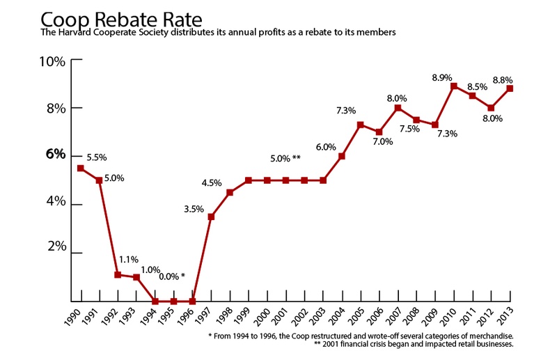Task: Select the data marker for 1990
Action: coord(80,169)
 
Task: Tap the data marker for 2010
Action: coord(453,86)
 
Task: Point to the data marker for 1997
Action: coord(211,217)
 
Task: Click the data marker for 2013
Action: coord(510,88)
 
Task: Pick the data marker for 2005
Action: coord(360,125)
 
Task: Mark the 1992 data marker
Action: coord(118,274)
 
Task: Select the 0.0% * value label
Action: coord(172,276)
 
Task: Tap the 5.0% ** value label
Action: coord(285,159)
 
